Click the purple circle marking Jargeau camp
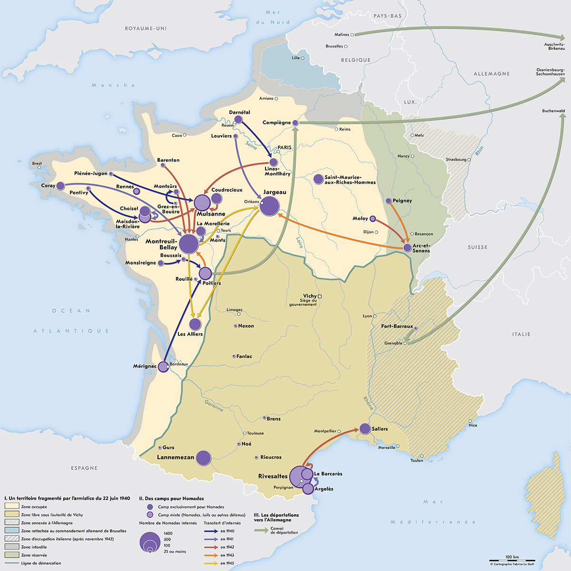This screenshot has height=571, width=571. [x=270, y=206]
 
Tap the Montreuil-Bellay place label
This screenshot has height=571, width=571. [x=161, y=245]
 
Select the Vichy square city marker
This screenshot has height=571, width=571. [x=320, y=296]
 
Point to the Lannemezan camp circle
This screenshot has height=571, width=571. [x=204, y=458]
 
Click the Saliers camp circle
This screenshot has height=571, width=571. [x=365, y=429]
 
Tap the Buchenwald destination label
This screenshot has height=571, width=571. [x=553, y=111]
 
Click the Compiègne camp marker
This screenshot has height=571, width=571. [x=295, y=123]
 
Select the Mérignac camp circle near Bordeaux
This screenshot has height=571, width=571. [x=163, y=366]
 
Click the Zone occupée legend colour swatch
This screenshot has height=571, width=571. [x=11, y=507]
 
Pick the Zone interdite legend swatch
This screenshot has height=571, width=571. [x=11, y=547]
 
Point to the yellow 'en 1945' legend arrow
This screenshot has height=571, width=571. [x=211, y=563]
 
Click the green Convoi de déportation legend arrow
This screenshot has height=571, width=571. [x=261, y=530]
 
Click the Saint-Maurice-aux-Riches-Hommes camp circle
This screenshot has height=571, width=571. [x=318, y=179]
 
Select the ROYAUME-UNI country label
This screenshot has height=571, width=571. [x=146, y=29]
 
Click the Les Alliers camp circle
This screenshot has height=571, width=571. [x=195, y=325]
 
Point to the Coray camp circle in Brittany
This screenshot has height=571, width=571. [x=60, y=186]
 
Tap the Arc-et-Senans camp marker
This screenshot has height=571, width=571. [x=407, y=247]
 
